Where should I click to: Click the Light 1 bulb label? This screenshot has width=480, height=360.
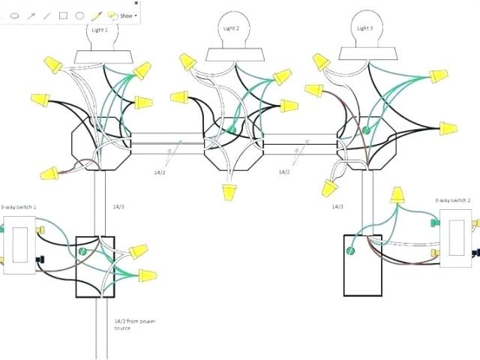click(99, 29)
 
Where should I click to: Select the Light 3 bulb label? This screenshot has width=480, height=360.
click(364, 28)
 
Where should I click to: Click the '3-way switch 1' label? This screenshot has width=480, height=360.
click(18, 206)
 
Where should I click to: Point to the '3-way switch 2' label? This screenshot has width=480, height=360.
click(452, 200)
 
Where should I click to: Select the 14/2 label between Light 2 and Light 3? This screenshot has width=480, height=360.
click(284, 172)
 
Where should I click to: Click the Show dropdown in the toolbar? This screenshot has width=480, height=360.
click(126, 15)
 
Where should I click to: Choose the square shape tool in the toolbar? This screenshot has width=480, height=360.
click(63, 15)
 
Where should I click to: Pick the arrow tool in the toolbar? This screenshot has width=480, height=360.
click(31, 15)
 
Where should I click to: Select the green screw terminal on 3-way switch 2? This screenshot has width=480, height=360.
click(433, 221)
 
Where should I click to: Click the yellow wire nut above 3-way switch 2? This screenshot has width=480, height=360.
click(397, 196)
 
